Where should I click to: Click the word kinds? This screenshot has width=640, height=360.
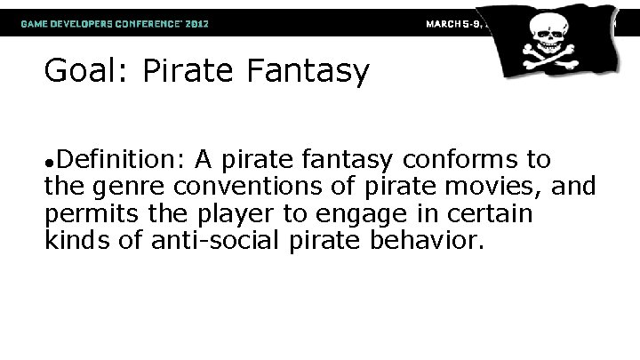click(76, 239)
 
